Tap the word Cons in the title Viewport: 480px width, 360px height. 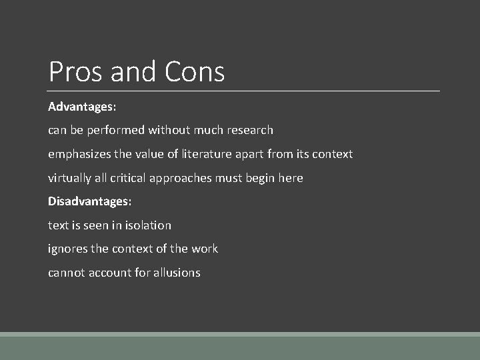[x=195, y=71]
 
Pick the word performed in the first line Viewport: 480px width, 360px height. [x=116, y=130]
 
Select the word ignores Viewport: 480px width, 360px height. [x=67, y=249]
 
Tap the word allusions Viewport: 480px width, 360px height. [x=176, y=273]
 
